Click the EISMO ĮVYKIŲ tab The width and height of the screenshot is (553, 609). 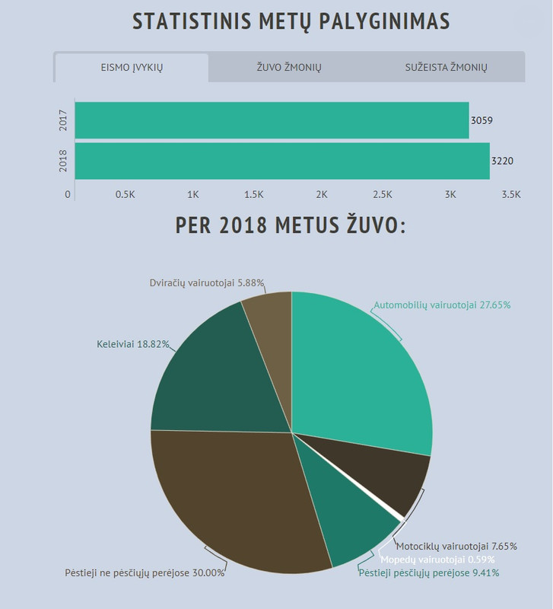tap(132, 68)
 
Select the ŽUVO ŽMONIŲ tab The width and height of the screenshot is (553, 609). tap(289, 68)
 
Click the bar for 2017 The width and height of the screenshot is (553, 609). tap(272, 120)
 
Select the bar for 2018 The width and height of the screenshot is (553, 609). tap(281, 161)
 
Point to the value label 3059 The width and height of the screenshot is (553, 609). tap(482, 120)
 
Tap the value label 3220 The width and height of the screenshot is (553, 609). tap(503, 161)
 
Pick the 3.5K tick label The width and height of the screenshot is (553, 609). tap(511, 194)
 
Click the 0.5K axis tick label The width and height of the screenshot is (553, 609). tap(126, 194)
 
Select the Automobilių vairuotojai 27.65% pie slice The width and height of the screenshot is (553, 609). tap(358, 365)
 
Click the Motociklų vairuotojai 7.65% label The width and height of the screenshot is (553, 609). tap(456, 546)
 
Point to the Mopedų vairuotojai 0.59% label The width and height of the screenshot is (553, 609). tap(437, 560)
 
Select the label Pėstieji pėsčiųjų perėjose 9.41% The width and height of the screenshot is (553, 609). tap(429, 573)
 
